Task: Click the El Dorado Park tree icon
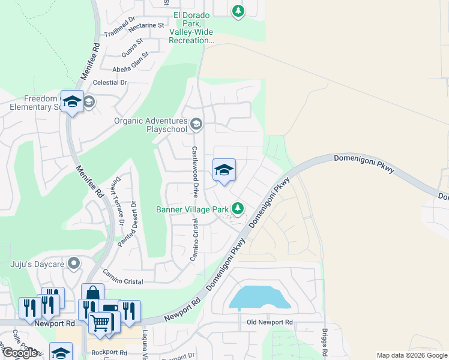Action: click(238, 10)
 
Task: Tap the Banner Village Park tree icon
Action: click(238, 208)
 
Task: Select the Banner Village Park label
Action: click(192, 209)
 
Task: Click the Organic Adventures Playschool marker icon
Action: click(196, 125)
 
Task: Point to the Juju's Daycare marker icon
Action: click(74, 263)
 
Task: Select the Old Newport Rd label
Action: click(270, 322)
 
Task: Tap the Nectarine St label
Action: click(143, 25)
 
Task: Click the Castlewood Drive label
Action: click(194, 172)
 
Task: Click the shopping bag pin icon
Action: click(92, 294)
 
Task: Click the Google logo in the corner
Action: click(20, 353)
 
